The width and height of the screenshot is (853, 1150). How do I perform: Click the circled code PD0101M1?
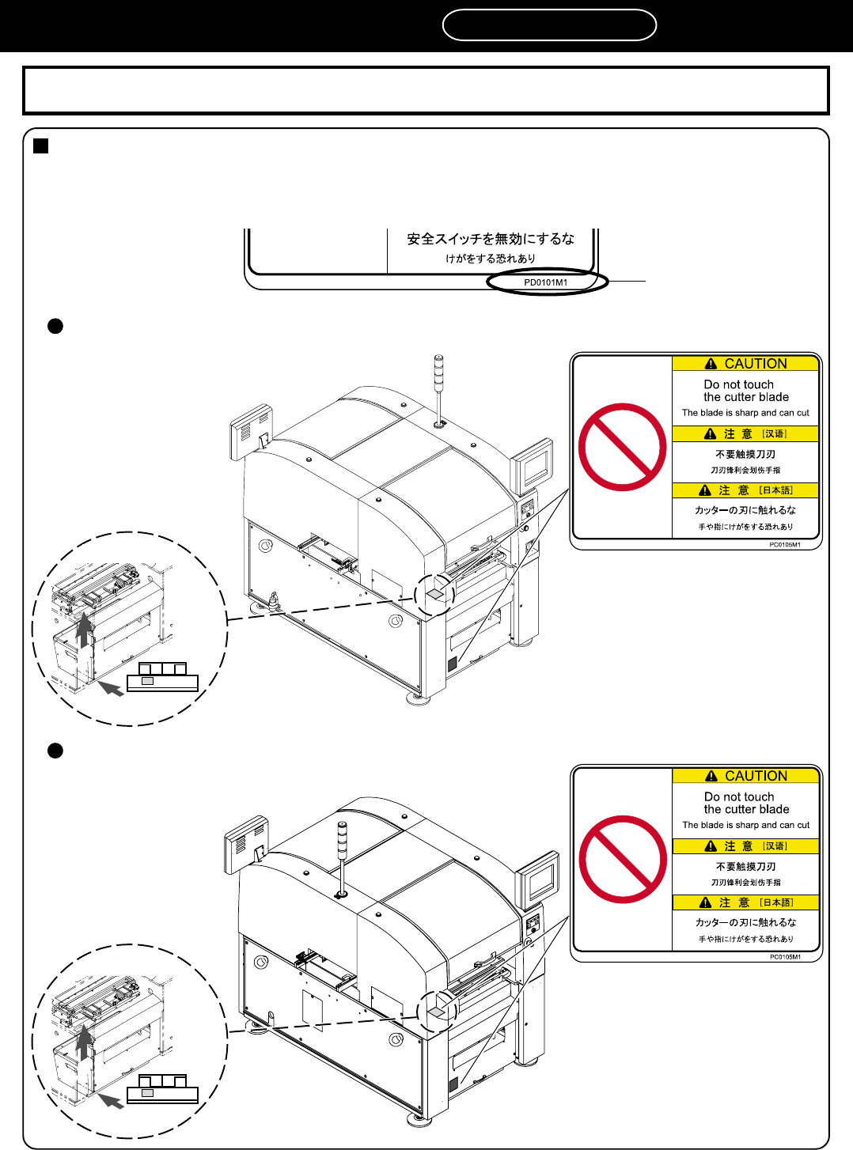[546, 282]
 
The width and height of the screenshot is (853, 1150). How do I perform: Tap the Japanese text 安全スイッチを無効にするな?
[491, 239]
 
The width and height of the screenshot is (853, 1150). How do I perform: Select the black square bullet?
[41, 146]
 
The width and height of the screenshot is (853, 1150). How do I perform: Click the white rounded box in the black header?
[549, 25]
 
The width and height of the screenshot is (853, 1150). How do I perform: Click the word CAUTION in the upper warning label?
[756, 364]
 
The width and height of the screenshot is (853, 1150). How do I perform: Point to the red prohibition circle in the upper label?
[623, 447]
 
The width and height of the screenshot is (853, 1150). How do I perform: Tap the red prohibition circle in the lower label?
[623, 859]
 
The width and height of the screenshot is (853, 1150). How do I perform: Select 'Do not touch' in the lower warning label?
[739, 796]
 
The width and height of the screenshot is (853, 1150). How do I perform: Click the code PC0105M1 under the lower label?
[785, 957]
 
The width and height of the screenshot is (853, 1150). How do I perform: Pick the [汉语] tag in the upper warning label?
[775, 433]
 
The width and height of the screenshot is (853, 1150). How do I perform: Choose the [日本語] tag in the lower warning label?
[776, 902]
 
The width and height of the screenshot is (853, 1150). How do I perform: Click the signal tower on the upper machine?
[439, 388]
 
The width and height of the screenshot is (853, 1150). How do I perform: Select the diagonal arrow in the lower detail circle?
[111, 1099]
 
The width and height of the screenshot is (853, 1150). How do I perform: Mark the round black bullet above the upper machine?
[55, 326]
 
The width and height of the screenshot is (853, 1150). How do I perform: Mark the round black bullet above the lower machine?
[55, 751]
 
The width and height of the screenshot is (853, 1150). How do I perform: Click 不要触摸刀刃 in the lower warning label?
[745, 867]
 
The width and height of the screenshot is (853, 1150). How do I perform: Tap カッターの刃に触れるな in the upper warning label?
[745, 510]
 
